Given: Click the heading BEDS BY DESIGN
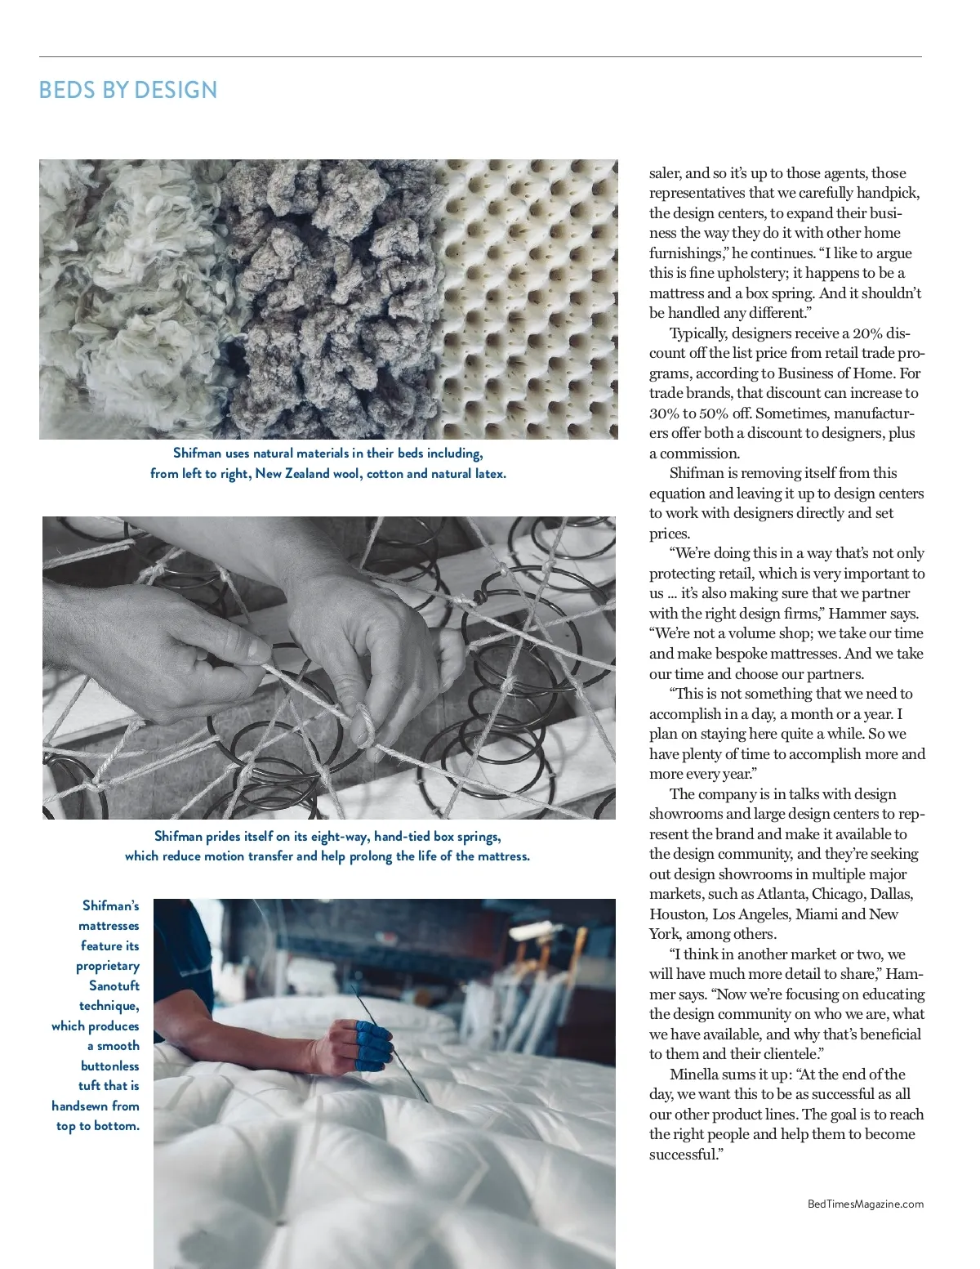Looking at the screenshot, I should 128,90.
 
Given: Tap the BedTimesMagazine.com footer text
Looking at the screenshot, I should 865,1204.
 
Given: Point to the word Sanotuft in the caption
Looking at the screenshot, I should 114,985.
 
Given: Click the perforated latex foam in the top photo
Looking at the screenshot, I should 531,294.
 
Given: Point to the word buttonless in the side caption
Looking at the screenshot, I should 110,1066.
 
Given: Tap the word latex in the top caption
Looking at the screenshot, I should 488,473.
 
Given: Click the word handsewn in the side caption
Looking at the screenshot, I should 79,1106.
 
